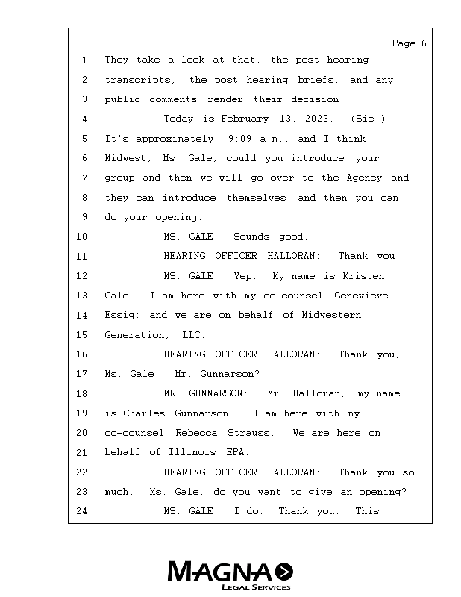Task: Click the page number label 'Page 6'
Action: (409, 43)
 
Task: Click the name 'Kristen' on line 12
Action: (363, 276)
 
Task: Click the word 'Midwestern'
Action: (331, 315)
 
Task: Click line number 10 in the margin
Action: (82, 237)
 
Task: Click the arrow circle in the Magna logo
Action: (283, 572)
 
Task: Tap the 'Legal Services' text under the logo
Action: (256, 587)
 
